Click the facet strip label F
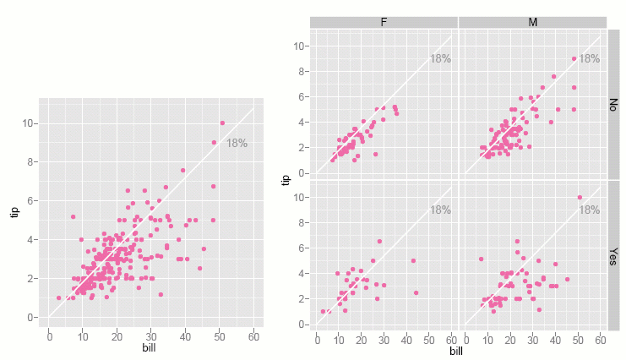click(384, 22)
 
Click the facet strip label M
click(532, 22)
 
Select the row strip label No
click(614, 103)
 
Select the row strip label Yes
click(614, 256)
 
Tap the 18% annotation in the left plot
click(237, 144)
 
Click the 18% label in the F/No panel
click(440, 58)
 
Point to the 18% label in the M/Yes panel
click(589, 210)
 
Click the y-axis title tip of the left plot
click(14, 211)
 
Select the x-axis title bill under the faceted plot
click(456, 352)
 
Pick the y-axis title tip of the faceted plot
click(286, 179)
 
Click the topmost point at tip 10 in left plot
click(222, 123)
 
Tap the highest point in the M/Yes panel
click(580, 198)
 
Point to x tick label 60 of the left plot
click(253, 335)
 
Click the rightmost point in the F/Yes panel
click(416, 292)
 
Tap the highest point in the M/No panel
click(574, 58)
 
